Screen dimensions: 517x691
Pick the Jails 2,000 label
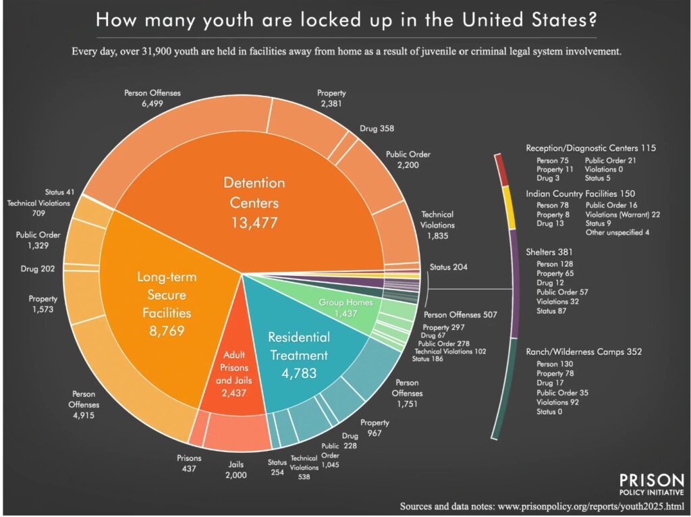236,470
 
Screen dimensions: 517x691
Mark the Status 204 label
448,267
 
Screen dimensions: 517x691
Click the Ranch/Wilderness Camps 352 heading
584,351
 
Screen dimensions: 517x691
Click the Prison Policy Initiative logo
651,485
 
